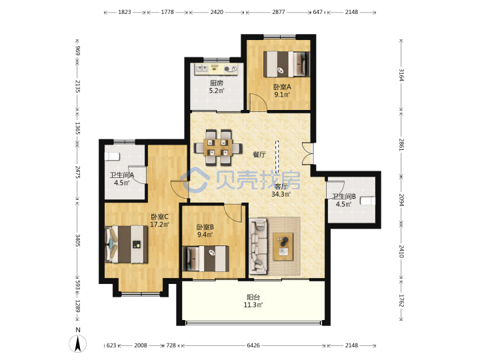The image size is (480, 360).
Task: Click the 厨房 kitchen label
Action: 217,83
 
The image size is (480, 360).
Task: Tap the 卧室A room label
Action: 282,87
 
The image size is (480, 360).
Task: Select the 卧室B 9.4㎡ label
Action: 205,231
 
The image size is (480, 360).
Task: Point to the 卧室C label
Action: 159,217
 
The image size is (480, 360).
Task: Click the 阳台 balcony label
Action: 253,297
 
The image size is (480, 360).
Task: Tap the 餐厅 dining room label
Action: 259,155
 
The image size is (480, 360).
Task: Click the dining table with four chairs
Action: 218,147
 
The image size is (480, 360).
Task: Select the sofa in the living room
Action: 258,246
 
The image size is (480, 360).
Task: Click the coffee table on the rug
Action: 283,247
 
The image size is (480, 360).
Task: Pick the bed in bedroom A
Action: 287,64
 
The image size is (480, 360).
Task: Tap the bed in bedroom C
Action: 127,244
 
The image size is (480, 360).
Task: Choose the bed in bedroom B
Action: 205,259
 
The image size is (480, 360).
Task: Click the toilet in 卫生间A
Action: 112,156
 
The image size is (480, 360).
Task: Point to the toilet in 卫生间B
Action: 367,201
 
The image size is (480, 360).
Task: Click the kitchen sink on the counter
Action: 202,69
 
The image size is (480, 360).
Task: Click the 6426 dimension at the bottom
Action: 253,345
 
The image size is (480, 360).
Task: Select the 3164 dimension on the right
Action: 401,75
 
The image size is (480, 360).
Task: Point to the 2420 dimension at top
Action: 217,12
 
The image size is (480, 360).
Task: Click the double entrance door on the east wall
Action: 307,154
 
